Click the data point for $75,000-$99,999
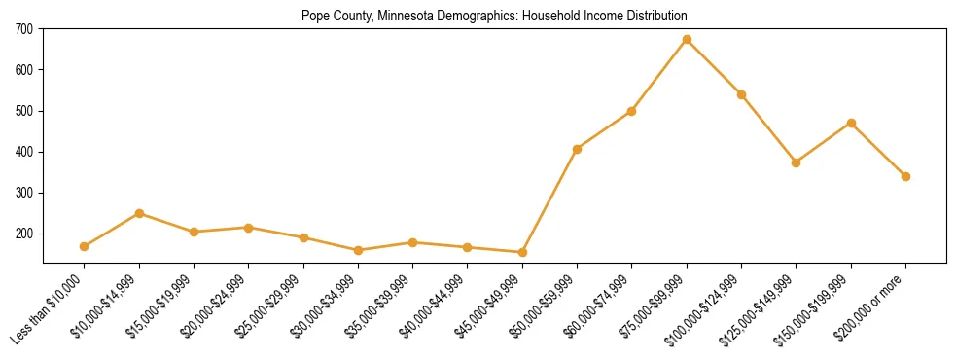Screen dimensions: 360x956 687,40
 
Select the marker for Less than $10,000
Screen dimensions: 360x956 85,246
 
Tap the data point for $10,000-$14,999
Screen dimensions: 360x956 139,213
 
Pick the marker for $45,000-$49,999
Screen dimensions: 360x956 522,252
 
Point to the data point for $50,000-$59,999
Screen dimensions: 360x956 578,149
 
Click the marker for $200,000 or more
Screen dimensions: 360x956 905,176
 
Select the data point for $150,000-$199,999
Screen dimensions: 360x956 851,123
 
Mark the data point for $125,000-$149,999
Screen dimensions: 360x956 797,162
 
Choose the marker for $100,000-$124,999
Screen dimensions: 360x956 741,94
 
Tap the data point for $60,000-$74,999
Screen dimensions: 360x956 632,111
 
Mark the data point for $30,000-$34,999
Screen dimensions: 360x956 358,250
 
